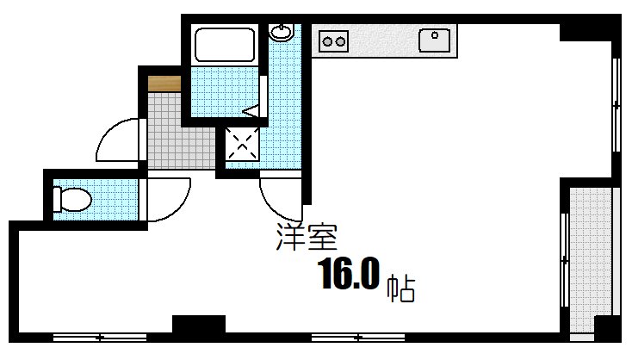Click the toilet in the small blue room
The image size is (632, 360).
point(71,200)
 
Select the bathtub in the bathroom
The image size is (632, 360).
point(225,45)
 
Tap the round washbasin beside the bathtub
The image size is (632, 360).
point(281,33)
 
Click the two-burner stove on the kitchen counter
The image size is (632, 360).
point(333,40)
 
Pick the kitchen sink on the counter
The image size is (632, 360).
point(436,39)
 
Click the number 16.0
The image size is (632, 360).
point(349,275)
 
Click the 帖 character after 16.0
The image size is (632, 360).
point(400,288)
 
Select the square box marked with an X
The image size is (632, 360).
point(242,144)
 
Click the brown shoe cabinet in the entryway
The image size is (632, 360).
point(164,84)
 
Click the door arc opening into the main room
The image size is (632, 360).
point(280,198)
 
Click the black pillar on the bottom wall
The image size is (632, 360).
point(198,326)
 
